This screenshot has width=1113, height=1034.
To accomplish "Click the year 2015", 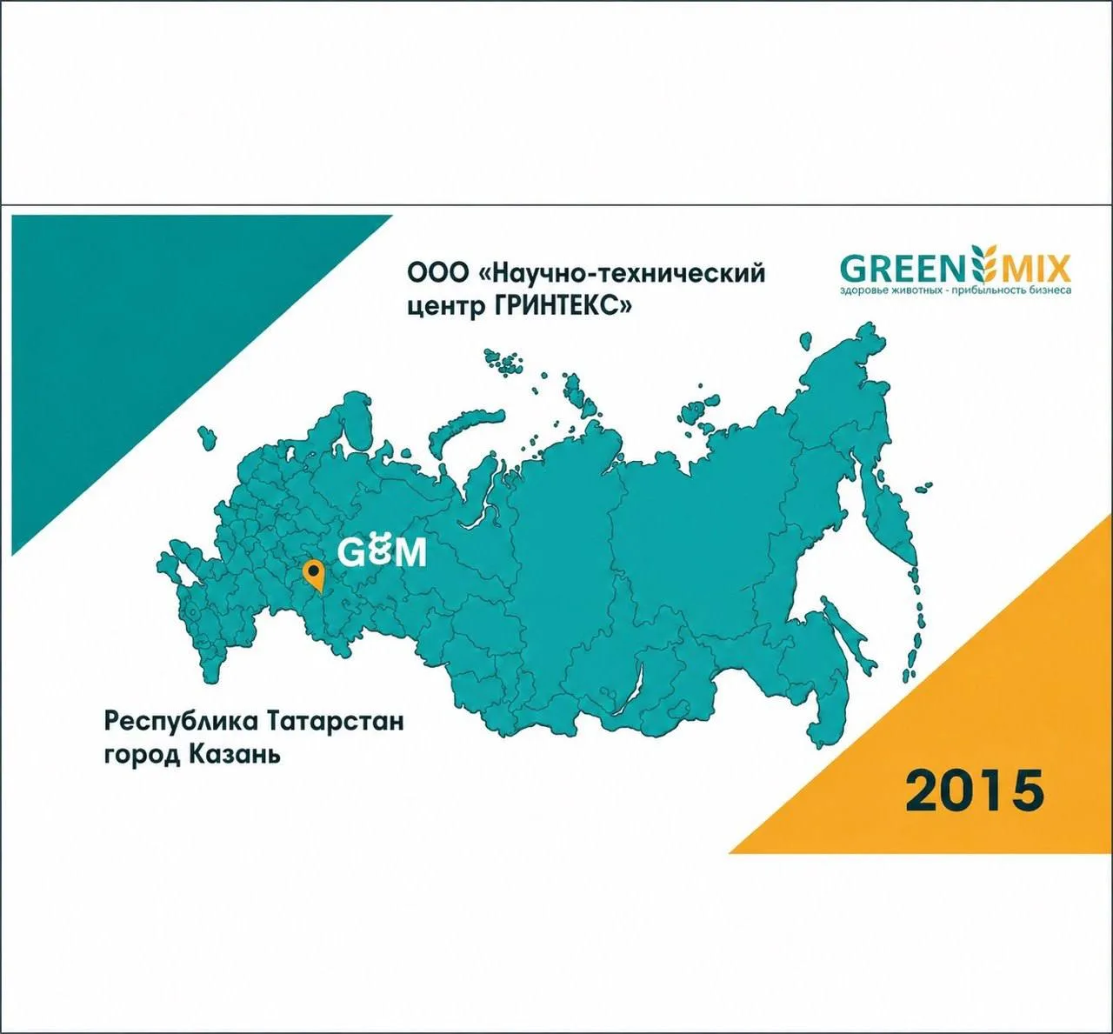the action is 975,791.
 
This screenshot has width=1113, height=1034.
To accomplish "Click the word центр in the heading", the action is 445,308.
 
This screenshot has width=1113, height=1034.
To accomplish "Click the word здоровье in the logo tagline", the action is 861,290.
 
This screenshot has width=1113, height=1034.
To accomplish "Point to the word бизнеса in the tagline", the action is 1052,290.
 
